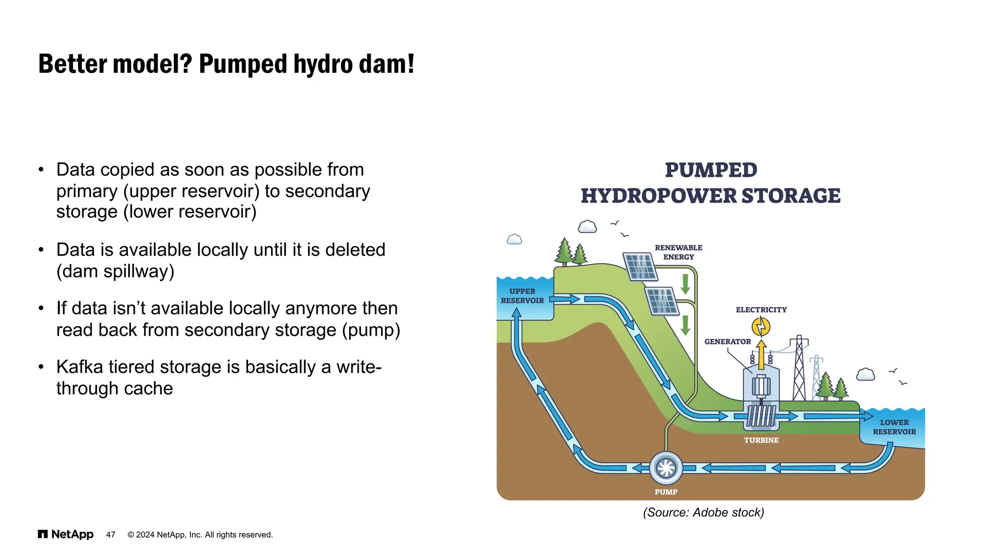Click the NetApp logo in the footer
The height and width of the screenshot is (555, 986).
pyautogui.click(x=65, y=534)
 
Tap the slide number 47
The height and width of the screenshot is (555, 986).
pyautogui.click(x=111, y=535)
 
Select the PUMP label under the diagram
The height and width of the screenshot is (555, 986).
pyautogui.click(x=666, y=492)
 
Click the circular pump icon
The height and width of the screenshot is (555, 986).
pyautogui.click(x=666, y=468)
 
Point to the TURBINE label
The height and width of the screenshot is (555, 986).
pyautogui.click(x=761, y=440)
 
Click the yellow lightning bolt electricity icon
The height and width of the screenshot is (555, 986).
pyautogui.click(x=761, y=327)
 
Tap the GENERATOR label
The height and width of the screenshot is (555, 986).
pyautogui.click(x=727, y=342)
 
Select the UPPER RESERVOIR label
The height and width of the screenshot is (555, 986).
pyautogui.click(x=522, y=296)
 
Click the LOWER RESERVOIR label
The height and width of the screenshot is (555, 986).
pyautogui.click(x=895, y=427)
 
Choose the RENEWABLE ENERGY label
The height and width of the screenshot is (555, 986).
pyautogui.click(x=678, y=252)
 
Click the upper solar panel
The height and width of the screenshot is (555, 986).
pyautogui.click(x=640, y=266)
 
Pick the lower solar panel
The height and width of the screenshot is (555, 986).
pyautogui.click(x=662, y=301)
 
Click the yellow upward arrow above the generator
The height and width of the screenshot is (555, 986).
pyautogui.click(x=761, y=354)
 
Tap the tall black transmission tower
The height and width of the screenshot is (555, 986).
pyautogui.click(x=799, y=369)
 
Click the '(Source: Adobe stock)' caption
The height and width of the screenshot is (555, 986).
pyautogui.click(x=703, y=512)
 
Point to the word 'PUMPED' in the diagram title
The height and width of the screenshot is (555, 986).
pyautogui.click(x=711, y=170)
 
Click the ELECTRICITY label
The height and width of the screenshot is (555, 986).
pyautogui.click(x=761, y=310)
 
